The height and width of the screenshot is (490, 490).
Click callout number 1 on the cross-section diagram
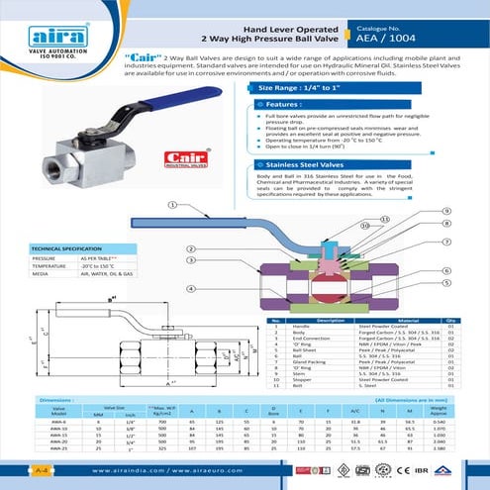pos(172,206)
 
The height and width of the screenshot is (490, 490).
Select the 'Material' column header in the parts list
pos(394,320)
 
